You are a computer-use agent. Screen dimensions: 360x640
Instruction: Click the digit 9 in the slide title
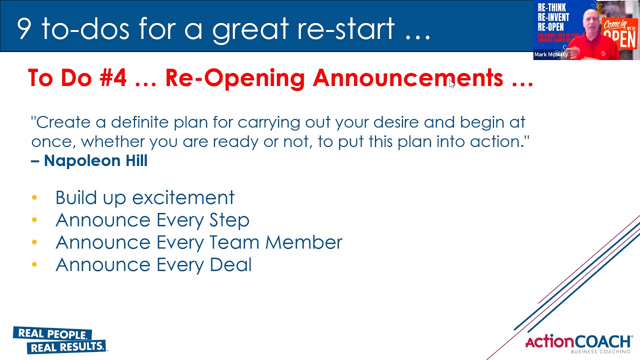tap(24, 28)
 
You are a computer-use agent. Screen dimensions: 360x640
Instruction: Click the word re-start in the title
tap(346, 28)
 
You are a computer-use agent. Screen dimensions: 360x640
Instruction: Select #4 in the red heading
tap(113, 78)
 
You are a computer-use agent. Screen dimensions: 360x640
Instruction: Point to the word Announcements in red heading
tap(408, 78)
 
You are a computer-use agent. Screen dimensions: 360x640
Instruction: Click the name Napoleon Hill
tap(95, 160)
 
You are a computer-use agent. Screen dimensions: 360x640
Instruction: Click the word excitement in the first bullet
tap(183, 198)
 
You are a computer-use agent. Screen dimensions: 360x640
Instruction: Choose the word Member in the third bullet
tap(303, 242)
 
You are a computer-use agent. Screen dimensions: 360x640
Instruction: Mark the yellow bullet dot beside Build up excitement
tap(34, 198)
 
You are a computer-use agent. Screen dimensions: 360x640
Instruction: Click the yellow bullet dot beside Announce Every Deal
tap(34, 265)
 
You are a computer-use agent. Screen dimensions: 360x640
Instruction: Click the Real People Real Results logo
tap(60, 340)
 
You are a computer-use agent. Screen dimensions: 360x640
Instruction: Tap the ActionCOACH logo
tap(578, 343)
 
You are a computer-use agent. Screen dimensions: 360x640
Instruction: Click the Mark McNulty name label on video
tap(550, 54)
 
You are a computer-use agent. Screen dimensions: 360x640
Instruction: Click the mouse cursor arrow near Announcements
tap(451, 84)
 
